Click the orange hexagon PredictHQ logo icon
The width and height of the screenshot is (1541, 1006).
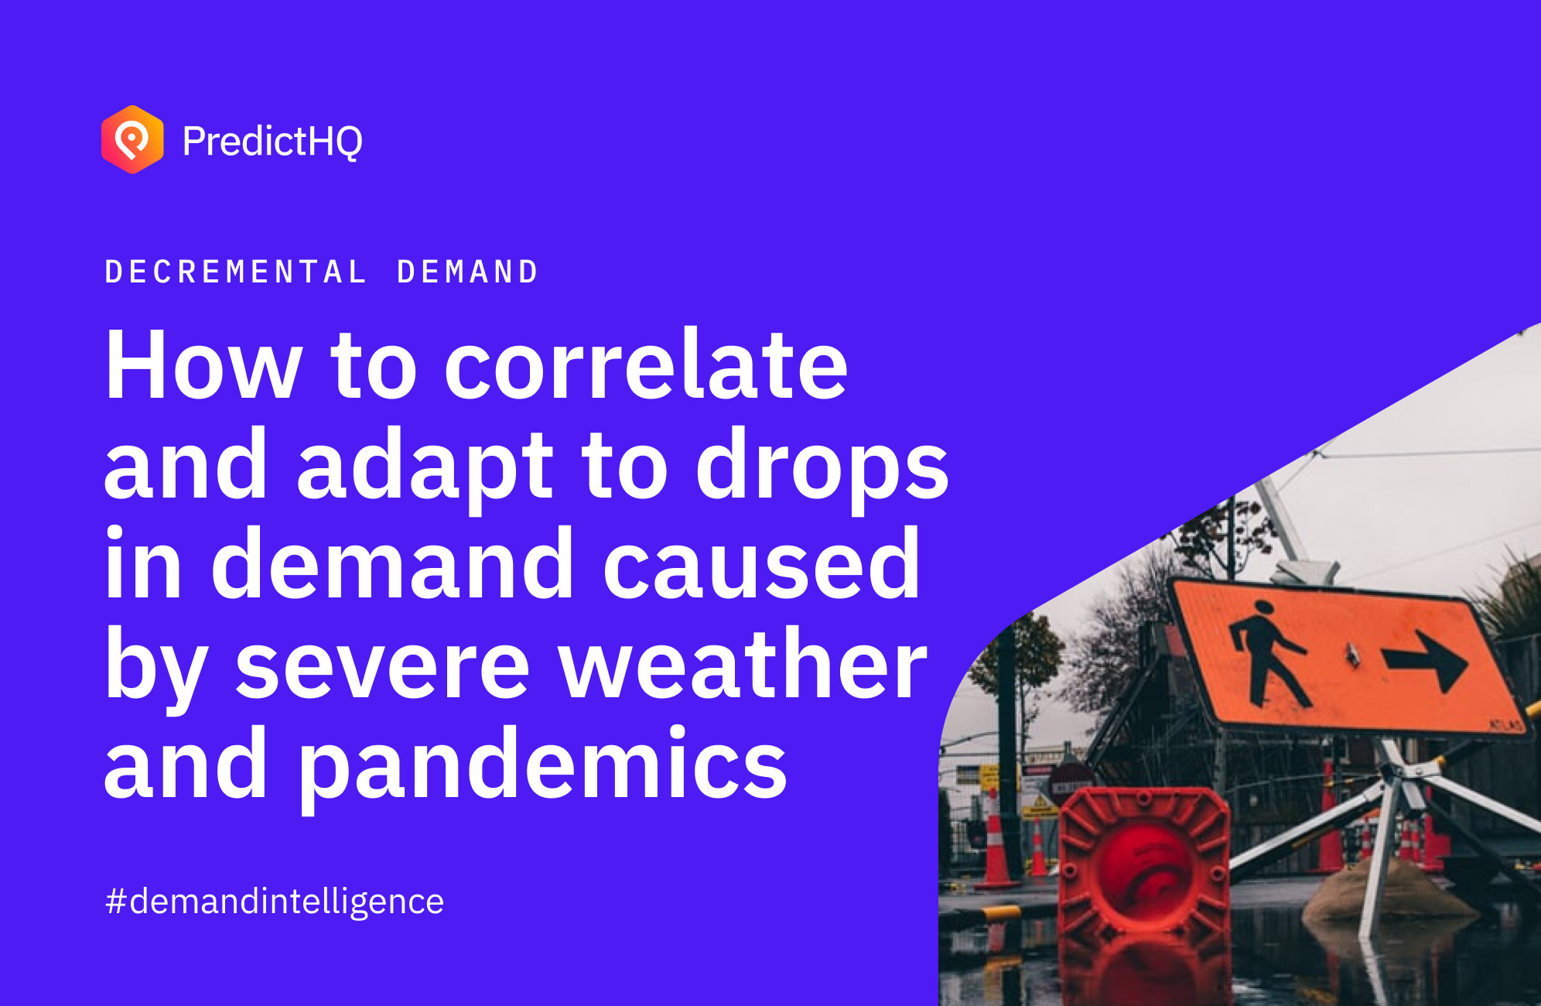[x=132, y=139]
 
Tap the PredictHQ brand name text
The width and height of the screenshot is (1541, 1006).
[x=272, y=142]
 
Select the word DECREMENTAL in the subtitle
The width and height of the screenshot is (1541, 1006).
[x=235, y=272]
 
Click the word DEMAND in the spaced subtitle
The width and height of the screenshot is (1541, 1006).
[x=467, y=272]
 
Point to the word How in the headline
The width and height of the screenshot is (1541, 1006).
[x=203, y=364]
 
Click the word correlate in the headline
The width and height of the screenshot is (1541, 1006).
[x=646, y=364]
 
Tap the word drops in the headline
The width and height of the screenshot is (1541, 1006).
[x=822, y=464]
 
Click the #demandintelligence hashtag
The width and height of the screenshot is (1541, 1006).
[x=275, y=902]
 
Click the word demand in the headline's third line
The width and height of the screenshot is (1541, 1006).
[x=392, y=563]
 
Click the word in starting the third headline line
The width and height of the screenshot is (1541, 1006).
[x=143, y=563]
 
